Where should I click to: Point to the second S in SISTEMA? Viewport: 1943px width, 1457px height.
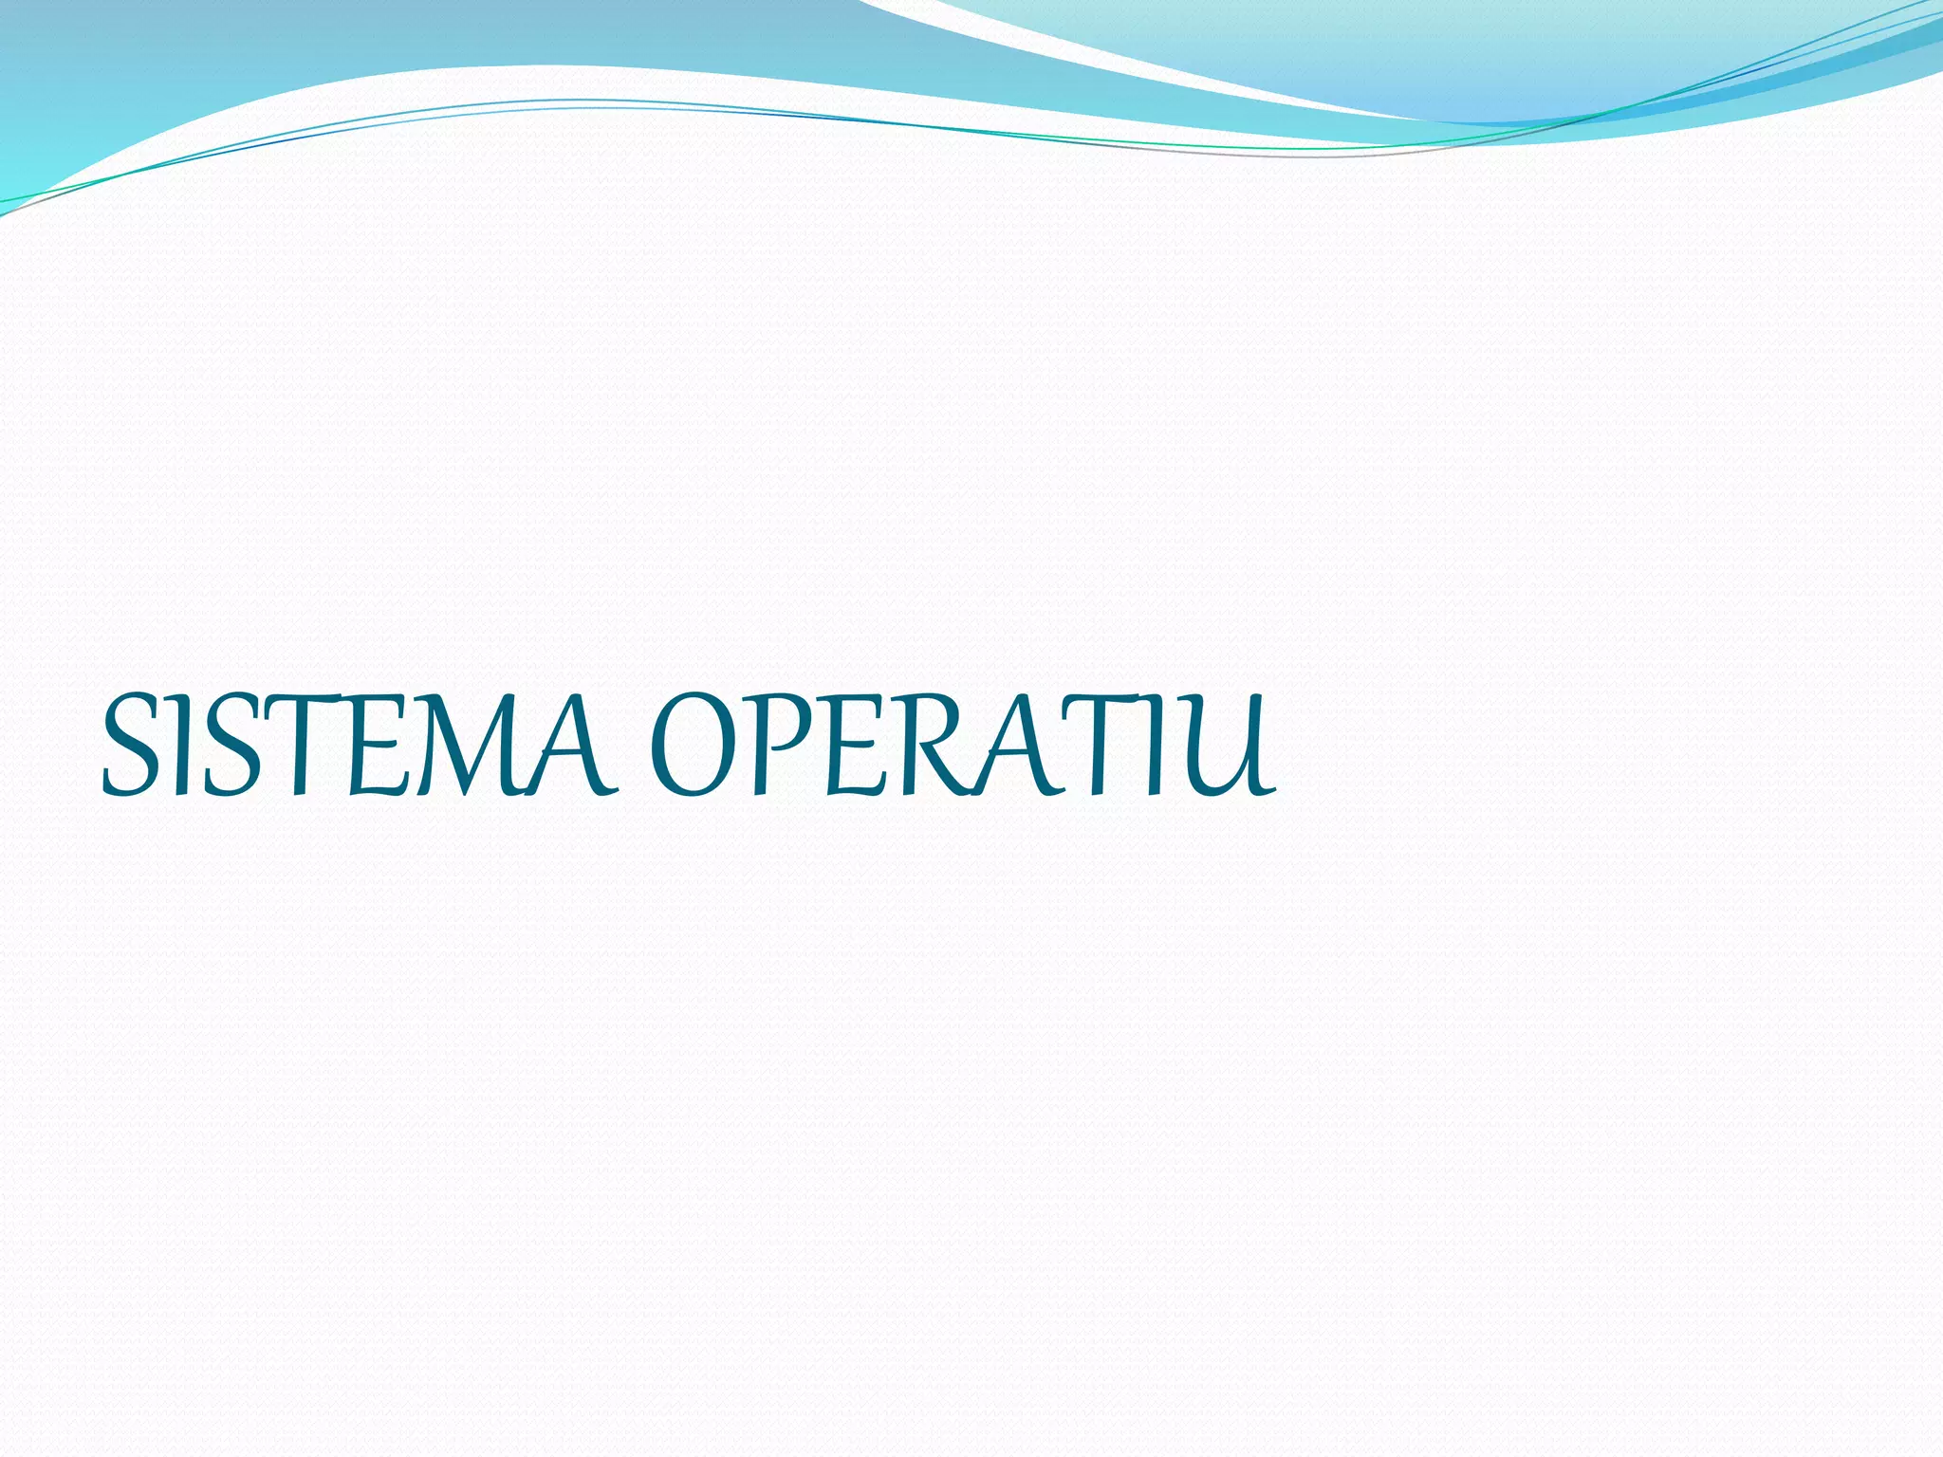tap(228, 746)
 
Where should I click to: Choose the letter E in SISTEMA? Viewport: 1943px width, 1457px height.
tap(379, 746)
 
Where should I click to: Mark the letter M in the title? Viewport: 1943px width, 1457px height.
tap(465, 746)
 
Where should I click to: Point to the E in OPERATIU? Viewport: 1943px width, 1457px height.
tap(854, 746)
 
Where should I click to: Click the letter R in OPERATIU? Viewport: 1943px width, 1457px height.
tap(930, 746)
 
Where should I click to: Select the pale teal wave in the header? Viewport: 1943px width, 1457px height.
tap(1423, 47)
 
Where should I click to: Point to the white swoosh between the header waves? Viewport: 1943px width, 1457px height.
tap(1091, 47)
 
